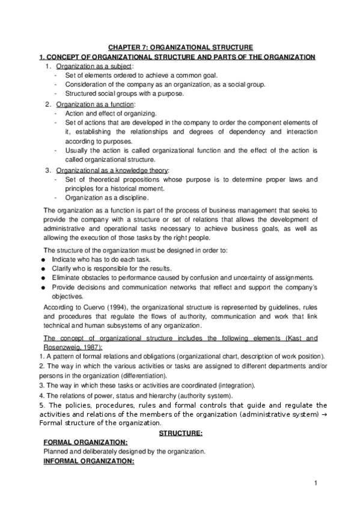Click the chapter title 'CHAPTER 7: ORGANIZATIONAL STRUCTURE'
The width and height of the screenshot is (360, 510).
point(180,47)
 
